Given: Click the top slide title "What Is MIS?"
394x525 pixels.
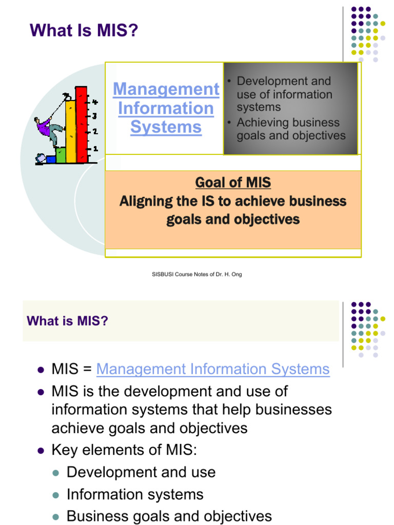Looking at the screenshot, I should [84, 31].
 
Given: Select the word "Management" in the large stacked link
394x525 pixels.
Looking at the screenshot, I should [166, 89].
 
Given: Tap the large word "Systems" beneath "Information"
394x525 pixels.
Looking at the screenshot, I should [166, 127].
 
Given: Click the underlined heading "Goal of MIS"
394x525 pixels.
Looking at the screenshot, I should [233, 183].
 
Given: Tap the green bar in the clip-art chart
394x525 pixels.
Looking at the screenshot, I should [61, 154].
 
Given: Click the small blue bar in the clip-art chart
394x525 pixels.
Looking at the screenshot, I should [51, 159].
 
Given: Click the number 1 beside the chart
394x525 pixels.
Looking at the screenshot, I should [95, 149].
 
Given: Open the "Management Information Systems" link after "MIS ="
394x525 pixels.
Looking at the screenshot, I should [212, 369].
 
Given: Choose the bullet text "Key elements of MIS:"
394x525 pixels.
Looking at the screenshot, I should [124, 450].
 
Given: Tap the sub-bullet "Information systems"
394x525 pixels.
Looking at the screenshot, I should [135, 494].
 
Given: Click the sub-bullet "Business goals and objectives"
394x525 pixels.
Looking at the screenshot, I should [169, 516].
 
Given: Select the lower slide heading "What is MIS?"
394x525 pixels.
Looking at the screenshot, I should [67, 321].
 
